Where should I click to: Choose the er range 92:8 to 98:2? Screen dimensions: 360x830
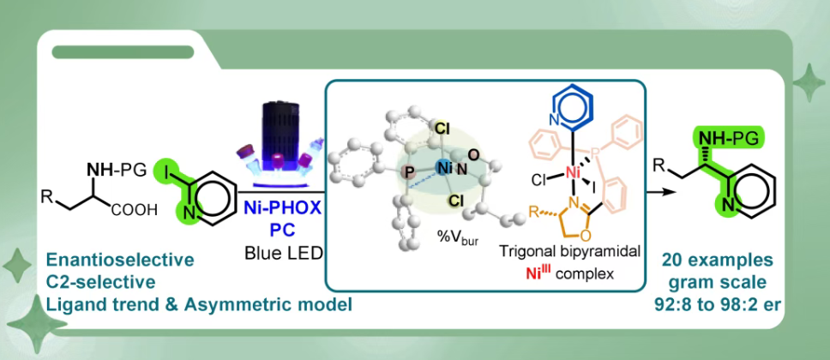732,300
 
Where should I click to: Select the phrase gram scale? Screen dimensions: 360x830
732,279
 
